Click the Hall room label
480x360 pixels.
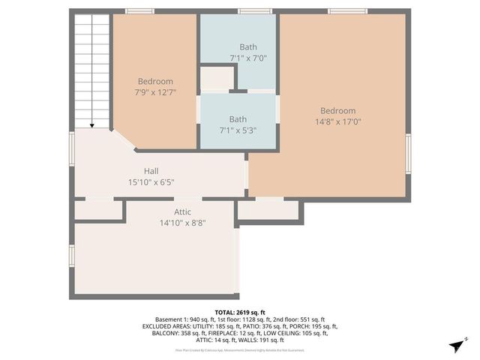(151, 170)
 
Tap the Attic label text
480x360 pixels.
(182, 212)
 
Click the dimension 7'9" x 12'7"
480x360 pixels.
(155, 92)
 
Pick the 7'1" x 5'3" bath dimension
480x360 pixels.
(238, 130)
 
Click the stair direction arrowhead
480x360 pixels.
(92, 125)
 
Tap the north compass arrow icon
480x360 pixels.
(454, 344)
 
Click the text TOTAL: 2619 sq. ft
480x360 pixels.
(240, 312)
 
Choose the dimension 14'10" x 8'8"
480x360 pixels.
(182, 223)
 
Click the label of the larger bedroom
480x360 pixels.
(337, 111)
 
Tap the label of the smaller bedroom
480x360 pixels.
(155, 82)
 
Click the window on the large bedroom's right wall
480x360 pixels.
(408, 154)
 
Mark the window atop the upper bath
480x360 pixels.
(249, 11)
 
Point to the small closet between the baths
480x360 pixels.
(215, 79)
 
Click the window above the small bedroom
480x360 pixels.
(139, 11)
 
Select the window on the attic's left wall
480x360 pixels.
(72, 256)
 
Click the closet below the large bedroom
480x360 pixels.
(268, 211)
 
